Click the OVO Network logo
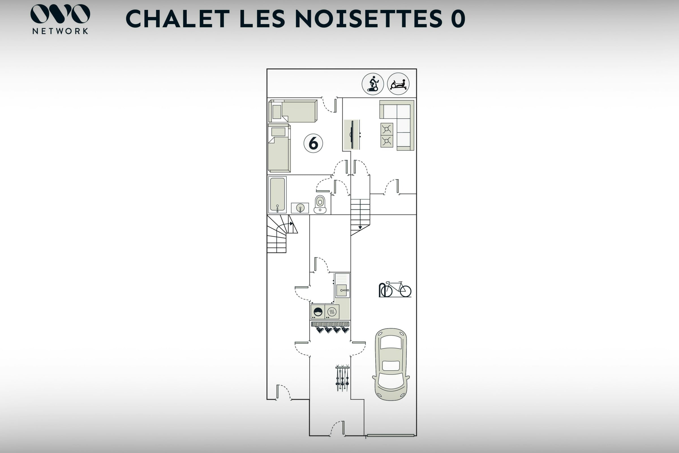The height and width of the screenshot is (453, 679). pyautogui.click(x=60, y=19)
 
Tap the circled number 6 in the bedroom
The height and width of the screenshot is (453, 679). pyautogui.click(x=313, y=143)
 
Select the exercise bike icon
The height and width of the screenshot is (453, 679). pyautogui.click(x=373, y=84)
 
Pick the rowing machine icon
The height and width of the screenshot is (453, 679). pyautogui.click(x=398, y=84)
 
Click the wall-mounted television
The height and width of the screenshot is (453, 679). pyautogui.click(x=352, y=135)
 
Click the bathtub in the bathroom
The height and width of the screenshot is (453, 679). pyautogui.click(x=278, y=195)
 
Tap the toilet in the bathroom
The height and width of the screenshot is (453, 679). pyautogui.click(x=320, y=204)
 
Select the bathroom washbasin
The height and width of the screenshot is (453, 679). pyautogui.click(x=300, y=208)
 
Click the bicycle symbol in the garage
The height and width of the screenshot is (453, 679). pyautogui.click(x=395, y=289)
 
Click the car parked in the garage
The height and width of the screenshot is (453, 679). pyautogui.click(x=391, y=364)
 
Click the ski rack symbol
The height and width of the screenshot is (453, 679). pyautogui.click(x=342, y=378)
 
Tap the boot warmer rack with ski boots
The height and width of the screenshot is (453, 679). pyautogui.click(x=330, y=327)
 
